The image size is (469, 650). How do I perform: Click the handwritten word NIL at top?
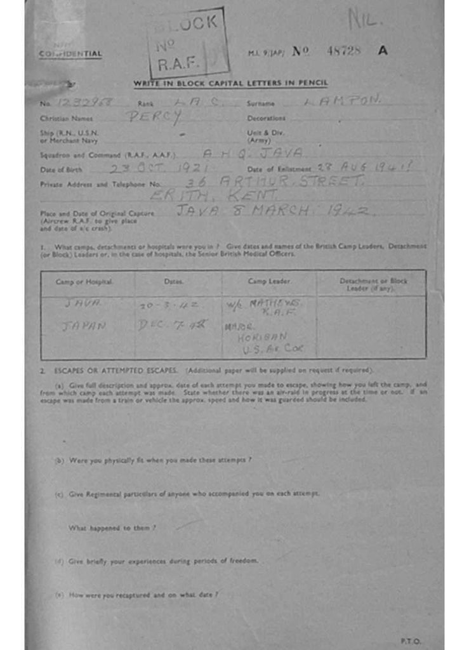click(364, 20)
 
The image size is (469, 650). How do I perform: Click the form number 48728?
click(343, 51)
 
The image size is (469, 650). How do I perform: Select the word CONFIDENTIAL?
click(70, 54)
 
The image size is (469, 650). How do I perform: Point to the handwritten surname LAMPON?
click(342, 100)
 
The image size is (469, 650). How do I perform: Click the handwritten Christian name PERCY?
click(153, 117)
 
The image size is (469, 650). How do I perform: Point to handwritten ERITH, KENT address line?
click(223, 196)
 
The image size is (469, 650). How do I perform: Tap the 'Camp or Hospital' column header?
click(84, 281)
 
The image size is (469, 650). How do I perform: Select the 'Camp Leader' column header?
click(269, 281)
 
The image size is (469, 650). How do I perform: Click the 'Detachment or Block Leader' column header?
click(373, 284)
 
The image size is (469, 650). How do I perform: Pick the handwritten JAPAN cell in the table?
click(83, 326)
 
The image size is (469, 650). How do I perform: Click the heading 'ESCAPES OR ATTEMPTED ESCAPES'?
click(119, 370)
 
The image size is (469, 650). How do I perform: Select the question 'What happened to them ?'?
click(112, 527)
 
